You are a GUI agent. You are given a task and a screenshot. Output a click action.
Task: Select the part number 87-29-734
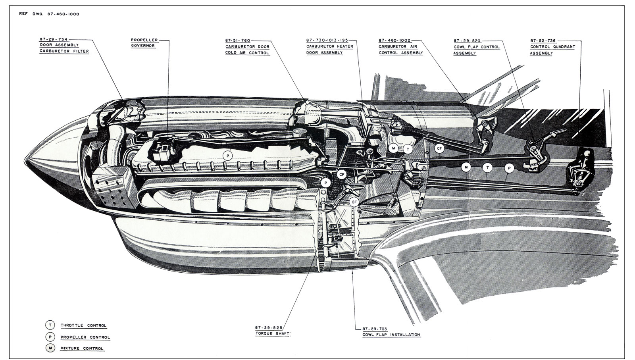(53, 40)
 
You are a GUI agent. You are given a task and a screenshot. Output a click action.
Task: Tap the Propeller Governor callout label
(144, 43)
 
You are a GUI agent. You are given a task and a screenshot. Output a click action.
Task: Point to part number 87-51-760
(238, 40)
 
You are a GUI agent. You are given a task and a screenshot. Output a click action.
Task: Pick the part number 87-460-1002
(394, 40)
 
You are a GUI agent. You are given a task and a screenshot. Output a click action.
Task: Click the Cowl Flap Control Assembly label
(476, 50)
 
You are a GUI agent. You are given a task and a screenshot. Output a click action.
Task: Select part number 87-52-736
(543, 40)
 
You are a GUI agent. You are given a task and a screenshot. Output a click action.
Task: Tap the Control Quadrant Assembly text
(552, 50)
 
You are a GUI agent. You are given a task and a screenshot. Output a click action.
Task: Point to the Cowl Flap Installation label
(391, 334)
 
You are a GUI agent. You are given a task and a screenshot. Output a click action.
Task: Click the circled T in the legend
(50, 325)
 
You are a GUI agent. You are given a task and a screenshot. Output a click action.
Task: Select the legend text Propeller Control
(85, 337)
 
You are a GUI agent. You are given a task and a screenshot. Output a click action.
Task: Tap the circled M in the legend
(50, 348)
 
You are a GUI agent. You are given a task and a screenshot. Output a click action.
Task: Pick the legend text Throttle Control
(83, 325)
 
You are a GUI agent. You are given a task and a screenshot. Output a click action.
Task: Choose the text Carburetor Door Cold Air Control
(247, 49)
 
